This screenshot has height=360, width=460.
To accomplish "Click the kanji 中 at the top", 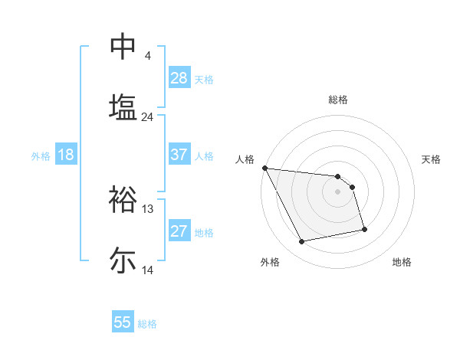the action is point(123,47).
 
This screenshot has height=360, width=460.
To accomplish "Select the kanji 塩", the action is point(123,106).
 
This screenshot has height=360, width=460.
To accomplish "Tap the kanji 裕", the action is point(123,199).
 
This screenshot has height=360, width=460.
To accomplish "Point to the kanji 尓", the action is point(123,260).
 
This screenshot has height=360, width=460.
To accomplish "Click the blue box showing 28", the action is point(179,78).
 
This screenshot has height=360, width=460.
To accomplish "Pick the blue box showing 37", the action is point(179,155).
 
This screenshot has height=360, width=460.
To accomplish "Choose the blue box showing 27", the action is point(179,231).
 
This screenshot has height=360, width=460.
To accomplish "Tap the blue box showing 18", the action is point(65,155).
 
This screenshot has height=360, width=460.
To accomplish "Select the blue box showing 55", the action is point(123,322).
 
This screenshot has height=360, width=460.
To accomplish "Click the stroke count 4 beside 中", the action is point(147,56).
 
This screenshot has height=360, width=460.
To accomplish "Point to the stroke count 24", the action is point(147,117).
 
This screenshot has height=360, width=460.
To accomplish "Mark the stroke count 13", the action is point(148,209).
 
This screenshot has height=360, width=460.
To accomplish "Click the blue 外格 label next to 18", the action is point(41,155).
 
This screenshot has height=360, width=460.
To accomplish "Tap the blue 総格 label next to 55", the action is point(147,323).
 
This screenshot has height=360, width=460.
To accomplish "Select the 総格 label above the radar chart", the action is point(337,100).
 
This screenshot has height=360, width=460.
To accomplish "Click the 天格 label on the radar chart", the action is point(432,159).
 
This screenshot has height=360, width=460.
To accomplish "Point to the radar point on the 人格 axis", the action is point(264,168).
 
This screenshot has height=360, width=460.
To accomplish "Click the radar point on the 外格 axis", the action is point(302,242).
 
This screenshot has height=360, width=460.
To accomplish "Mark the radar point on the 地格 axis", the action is point(364,229).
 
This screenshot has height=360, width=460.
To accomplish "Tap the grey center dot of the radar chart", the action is point(337,191).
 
